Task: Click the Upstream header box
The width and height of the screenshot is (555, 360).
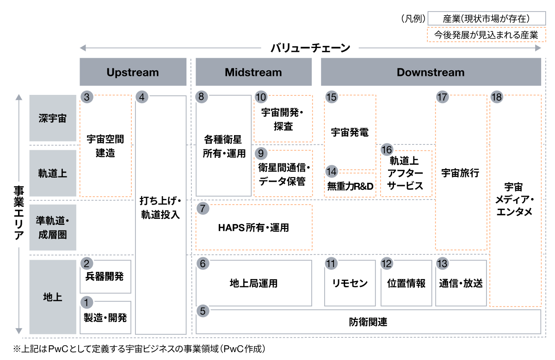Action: pos(133,72)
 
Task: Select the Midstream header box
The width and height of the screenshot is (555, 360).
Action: pos(253,72)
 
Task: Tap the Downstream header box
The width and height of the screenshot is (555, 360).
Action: pos(431,72)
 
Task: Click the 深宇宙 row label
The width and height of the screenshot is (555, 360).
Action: pos(53,118)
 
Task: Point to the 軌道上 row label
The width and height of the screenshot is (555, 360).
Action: pos(53,173)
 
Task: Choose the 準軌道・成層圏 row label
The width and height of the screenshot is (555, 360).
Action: pos(53,227)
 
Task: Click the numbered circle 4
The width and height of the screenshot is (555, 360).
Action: pos(142,97)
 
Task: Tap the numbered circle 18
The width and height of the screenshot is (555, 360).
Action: pos(497,97)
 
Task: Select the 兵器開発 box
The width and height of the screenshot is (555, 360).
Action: pos(105,277)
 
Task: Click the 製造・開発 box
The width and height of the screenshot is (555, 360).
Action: pos(105,317)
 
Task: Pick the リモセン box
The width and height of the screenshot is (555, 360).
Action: pos(350,283)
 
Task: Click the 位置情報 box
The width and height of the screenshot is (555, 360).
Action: pos(406,283)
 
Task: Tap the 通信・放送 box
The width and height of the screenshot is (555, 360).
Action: pos(461,283)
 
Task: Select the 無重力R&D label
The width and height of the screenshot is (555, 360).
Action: pos(350,186)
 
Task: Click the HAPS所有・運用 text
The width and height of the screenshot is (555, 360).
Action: pos(253,228)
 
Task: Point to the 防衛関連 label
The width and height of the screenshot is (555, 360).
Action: pos(368,322)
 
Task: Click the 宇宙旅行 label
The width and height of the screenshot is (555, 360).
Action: pos(460,173)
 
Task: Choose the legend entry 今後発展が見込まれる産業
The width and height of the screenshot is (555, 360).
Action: pos(487,35)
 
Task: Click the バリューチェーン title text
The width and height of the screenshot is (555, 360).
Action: pos(310,48)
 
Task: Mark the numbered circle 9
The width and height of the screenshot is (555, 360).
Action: pos(261,153)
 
